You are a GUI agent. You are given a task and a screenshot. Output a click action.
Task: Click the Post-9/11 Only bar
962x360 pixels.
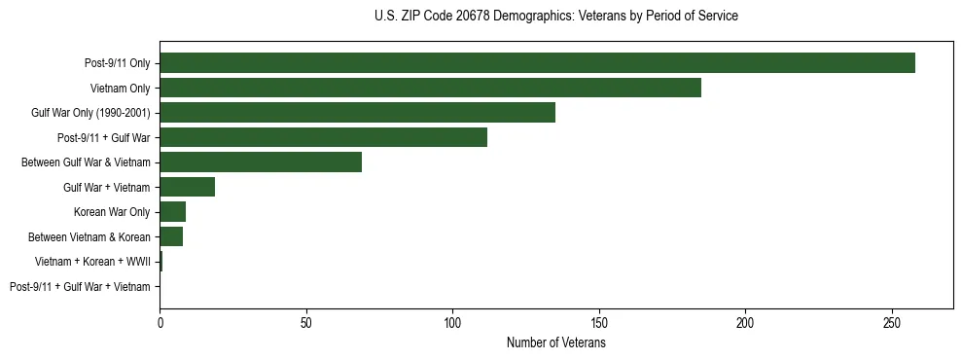(x=537, y=63)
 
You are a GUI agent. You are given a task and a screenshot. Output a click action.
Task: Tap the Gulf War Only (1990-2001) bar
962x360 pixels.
(x=357, y=113)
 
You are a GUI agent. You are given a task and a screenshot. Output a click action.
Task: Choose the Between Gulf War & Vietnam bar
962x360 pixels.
(x=261, y=162)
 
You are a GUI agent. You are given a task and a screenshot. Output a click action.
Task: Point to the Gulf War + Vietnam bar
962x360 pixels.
(x=187, y=187)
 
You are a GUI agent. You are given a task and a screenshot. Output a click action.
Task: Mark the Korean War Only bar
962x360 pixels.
(x=172, y=212)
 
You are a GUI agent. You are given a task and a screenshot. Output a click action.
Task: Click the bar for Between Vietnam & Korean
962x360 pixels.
(x=171, y=236)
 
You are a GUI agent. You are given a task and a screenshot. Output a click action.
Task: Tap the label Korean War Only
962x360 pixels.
(x=112, y=212)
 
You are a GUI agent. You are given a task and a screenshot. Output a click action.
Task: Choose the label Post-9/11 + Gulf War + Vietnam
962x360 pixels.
(x=80, y=287)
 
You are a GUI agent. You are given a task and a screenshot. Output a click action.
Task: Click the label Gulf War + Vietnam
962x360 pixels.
(x=107, y=188)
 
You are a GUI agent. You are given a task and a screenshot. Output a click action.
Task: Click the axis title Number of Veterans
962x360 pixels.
(x=555, y=342)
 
